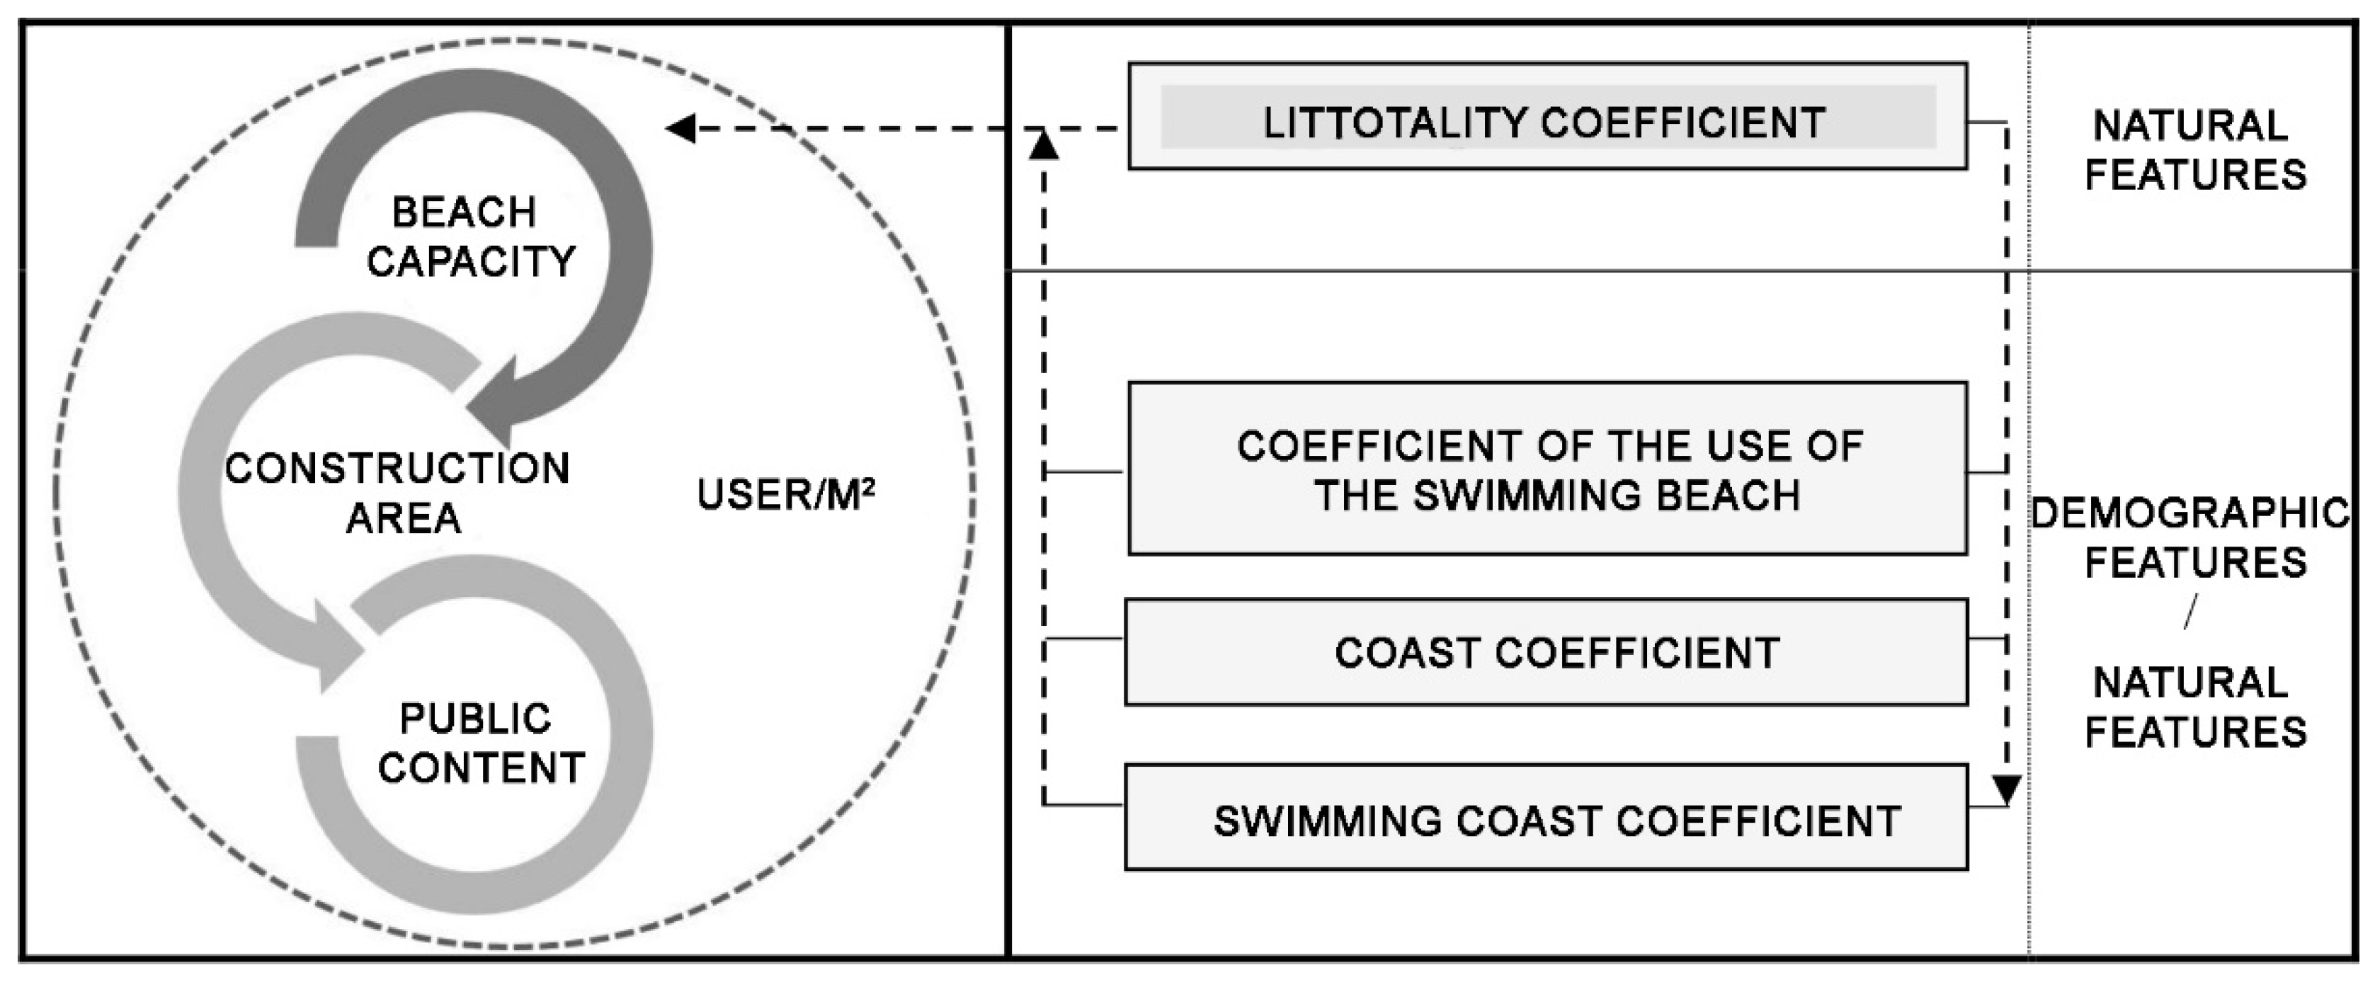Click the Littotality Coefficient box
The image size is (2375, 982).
click(1547, 117)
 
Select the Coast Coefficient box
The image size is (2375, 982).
click(1546, 653)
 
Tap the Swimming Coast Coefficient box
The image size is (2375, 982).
click(1546, 818)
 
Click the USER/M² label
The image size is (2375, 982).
click(785, 495)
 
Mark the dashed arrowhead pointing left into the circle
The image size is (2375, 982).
click(681, 128)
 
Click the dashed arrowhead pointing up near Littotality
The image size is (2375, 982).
click(1043, 144)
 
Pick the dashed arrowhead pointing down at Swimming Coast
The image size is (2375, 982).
click(2007, 789)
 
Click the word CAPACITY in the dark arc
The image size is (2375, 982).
click(471, 262)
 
